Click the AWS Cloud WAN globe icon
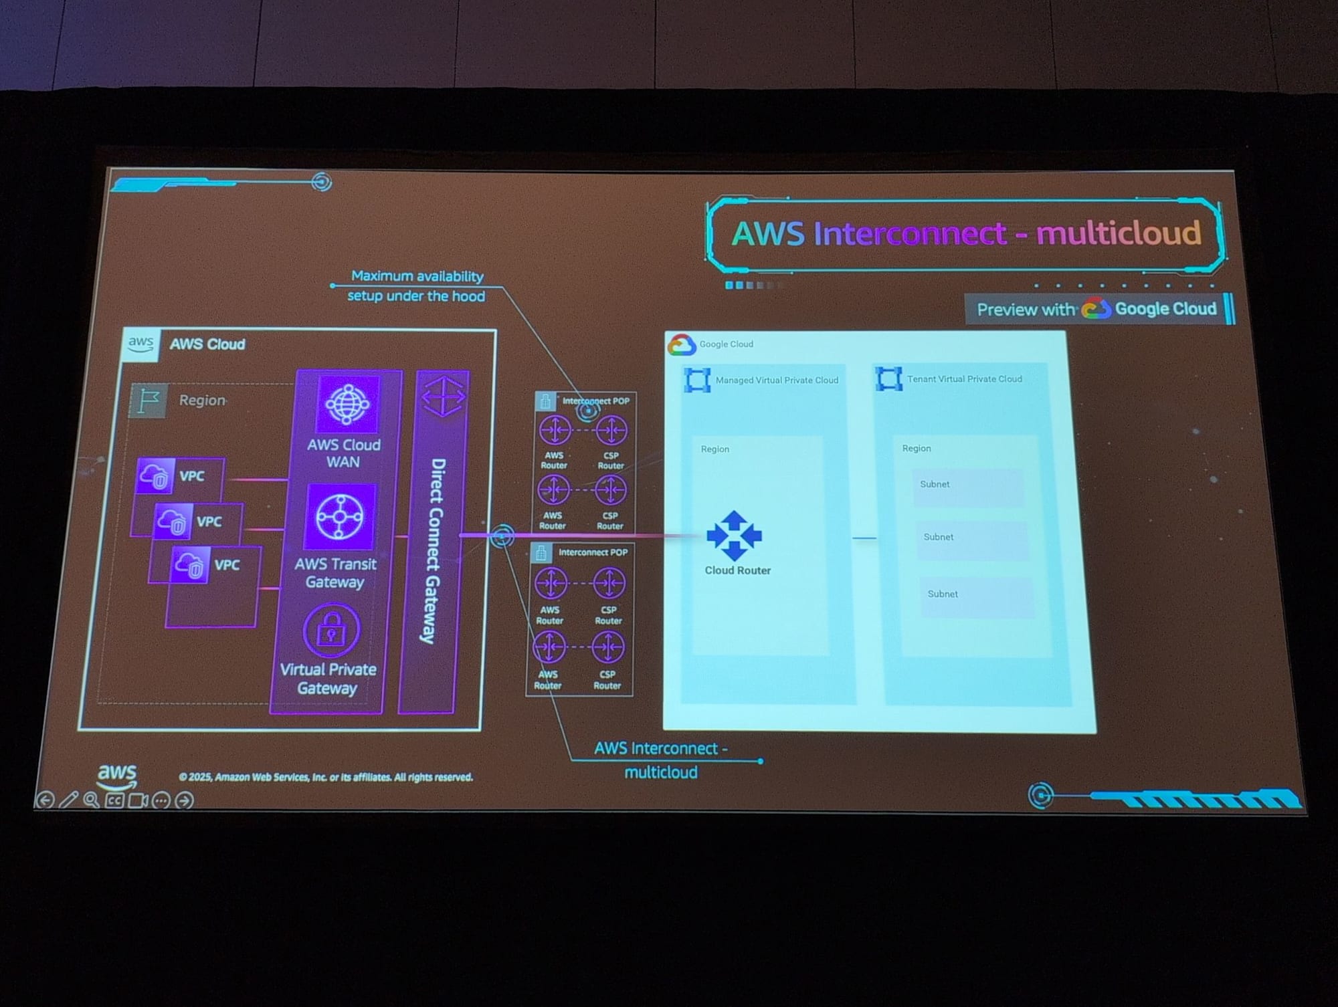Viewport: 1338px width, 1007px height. coord(347,403)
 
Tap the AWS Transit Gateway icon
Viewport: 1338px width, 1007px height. coord(339,517)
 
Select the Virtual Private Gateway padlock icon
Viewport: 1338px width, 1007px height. coord(331,629)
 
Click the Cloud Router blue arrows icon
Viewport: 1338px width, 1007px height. coord(734,536)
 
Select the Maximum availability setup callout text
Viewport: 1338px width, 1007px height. coord(416,286)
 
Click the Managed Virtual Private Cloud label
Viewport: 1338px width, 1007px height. coord(776,380)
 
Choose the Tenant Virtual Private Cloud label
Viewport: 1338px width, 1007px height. coord(964,379)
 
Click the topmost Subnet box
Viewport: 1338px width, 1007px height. coord(967,485)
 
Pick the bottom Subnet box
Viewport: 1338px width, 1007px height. coord(976,595)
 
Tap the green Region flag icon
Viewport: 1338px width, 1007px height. coord(148,401)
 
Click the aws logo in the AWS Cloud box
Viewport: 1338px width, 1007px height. coord(141,344)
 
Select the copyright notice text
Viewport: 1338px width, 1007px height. coord(326,777)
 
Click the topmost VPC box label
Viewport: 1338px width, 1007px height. coord(192,476)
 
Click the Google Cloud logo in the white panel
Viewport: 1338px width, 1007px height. coord(682,345)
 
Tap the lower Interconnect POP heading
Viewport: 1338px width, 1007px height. coord(592,552)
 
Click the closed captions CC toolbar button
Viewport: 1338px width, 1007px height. coord(114,800)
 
